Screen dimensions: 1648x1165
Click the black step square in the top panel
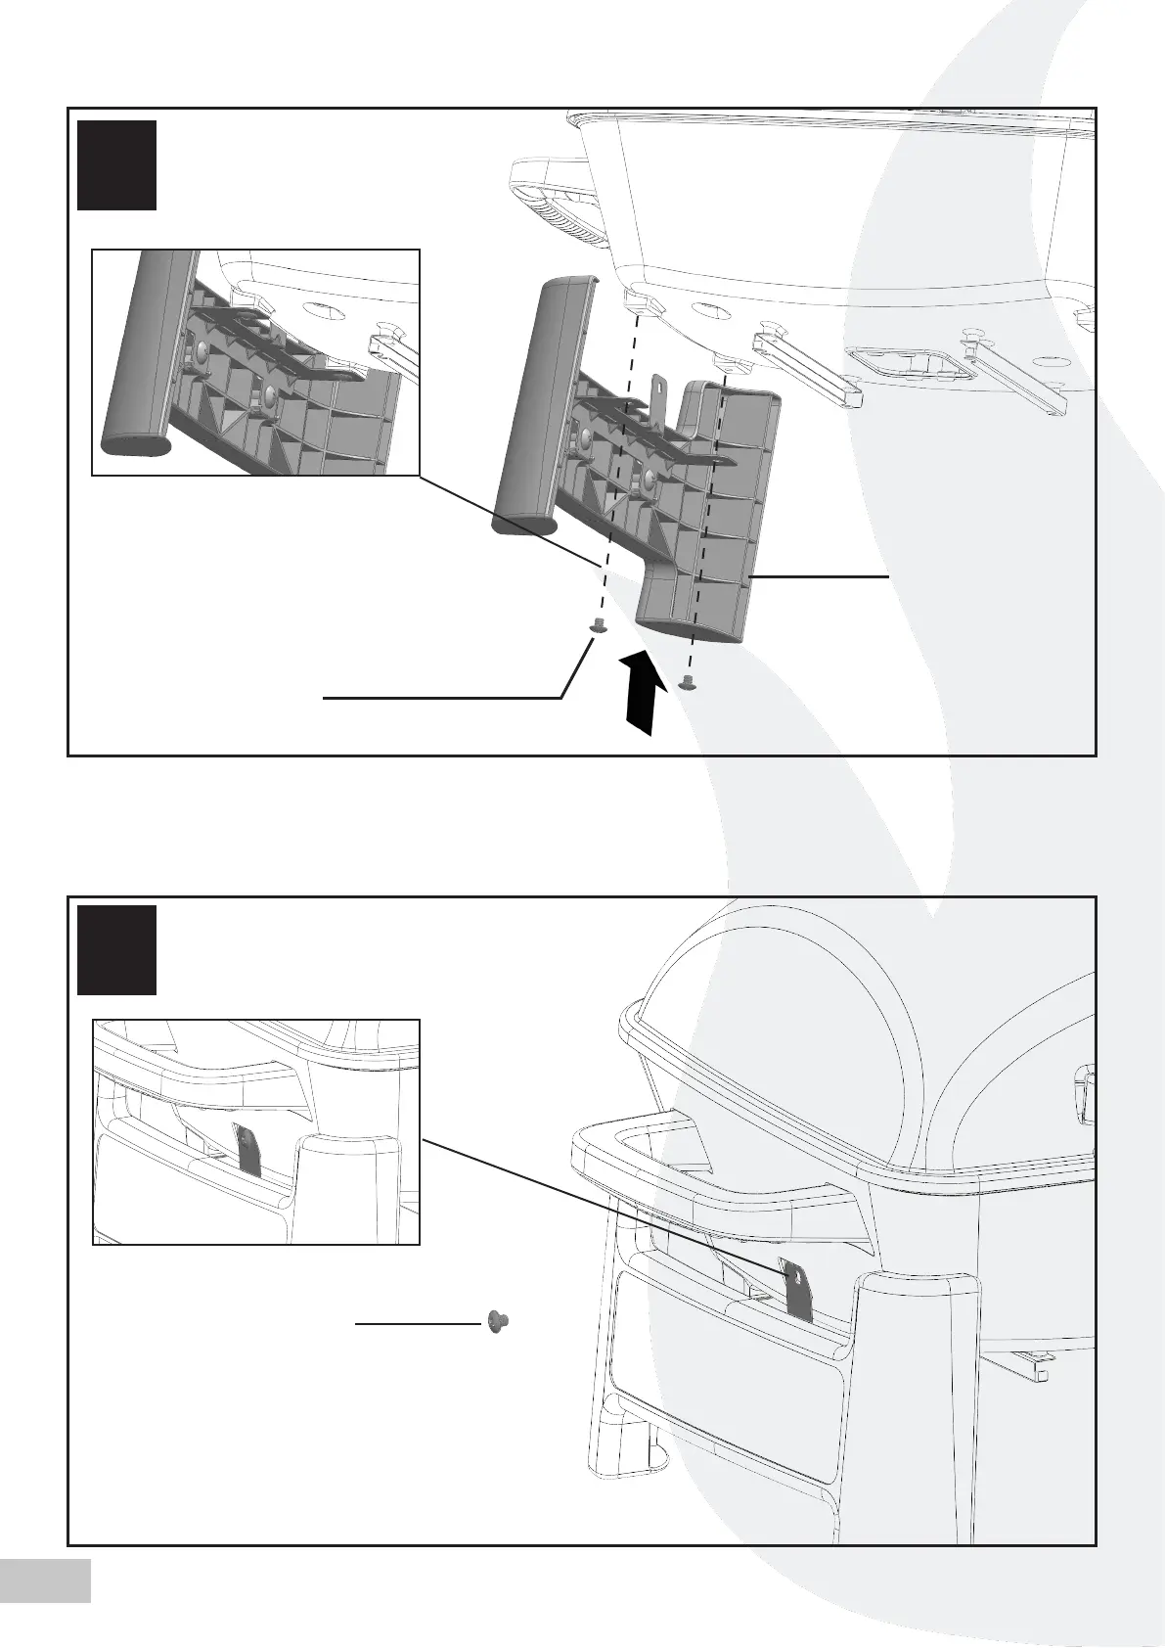[116, 164]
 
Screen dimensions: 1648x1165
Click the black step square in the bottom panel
[116, 949]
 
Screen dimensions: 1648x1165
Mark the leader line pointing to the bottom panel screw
[418, 1324]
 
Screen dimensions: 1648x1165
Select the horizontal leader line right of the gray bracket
[820, 577]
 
